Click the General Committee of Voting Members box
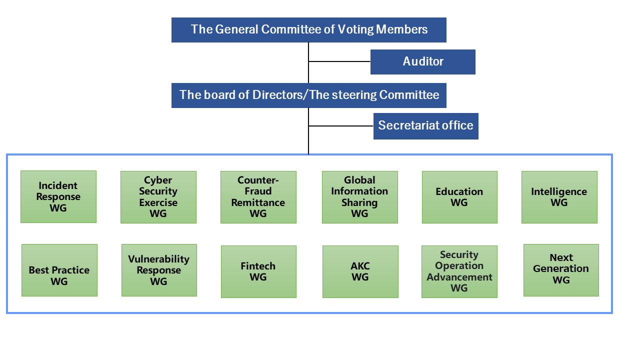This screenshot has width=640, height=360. point(308,30)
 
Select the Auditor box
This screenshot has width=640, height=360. point(422,62)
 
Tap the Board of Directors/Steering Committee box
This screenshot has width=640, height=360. point(308,95)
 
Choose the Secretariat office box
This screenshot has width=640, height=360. point(425,126)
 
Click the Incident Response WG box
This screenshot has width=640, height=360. point(58,196)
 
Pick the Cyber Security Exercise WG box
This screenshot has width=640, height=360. point(158,197)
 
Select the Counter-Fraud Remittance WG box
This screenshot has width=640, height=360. point(258,197)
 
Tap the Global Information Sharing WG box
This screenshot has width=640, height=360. point(359,197)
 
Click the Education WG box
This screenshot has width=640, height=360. point(459,197)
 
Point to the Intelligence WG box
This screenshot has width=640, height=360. point(559,197)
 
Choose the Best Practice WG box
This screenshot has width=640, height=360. point(59,270)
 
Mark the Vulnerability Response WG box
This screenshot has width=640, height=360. point(159,270)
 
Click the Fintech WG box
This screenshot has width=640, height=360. point(258,271)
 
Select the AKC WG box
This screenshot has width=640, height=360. point(360,271)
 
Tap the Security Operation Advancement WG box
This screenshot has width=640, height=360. point(459,271)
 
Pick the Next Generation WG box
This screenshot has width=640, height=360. point(561,270)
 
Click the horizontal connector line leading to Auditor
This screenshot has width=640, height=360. point(339,61)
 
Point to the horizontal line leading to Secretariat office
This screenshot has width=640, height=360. point(341,126)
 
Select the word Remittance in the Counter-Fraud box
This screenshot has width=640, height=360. point(258,202)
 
